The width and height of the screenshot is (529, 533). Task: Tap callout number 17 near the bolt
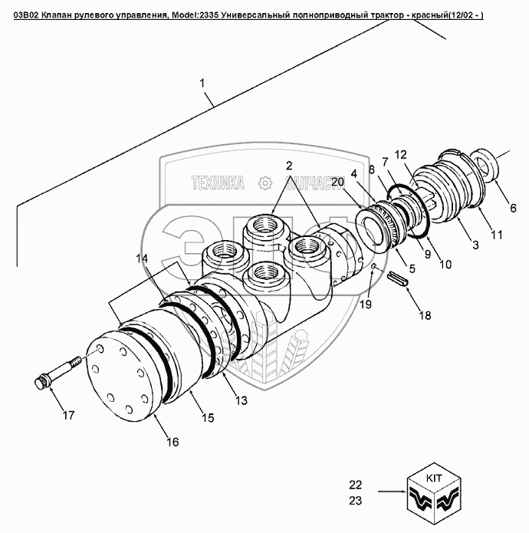coord(69,416)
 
